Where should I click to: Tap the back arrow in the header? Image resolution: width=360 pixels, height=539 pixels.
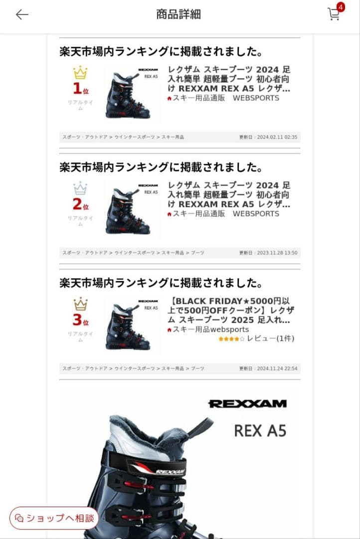pyautogui.click(x=22, y=14)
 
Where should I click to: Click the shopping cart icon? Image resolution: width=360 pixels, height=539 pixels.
pyautogui.click(x=333, y=14)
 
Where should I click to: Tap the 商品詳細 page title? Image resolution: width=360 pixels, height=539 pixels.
pyautogui.click(x=179, y=14)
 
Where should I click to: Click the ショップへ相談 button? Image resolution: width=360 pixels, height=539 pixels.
pyautogui.click(x=54, y=518)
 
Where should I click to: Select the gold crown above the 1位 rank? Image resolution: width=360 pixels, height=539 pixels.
pyautogui.click(x=80, y=73)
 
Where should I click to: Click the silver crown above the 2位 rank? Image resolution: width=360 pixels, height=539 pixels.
pyautogui.click(x=80, y=189)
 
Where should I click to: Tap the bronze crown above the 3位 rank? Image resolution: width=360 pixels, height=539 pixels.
pyautogui.click(x=80, y=304)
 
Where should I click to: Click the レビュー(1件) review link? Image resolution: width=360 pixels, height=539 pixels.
pyautogui.click(x=270, y=338)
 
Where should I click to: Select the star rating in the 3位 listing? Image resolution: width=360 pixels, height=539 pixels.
pyautogui.click(x=231, y=339)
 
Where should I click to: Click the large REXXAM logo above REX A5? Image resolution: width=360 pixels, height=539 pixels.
pyautogui.click(x=247, y=404)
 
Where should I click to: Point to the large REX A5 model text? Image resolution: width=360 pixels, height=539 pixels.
pyautogui.click(x=260, y=430)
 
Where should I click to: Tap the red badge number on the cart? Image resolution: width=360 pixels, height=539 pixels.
pyautogui.click(x=341, y=7)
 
